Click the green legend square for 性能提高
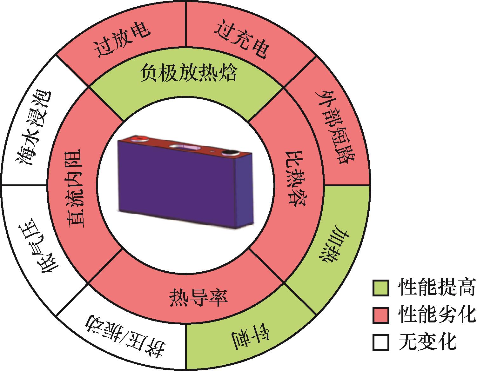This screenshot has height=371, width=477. [x=380, y=288]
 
